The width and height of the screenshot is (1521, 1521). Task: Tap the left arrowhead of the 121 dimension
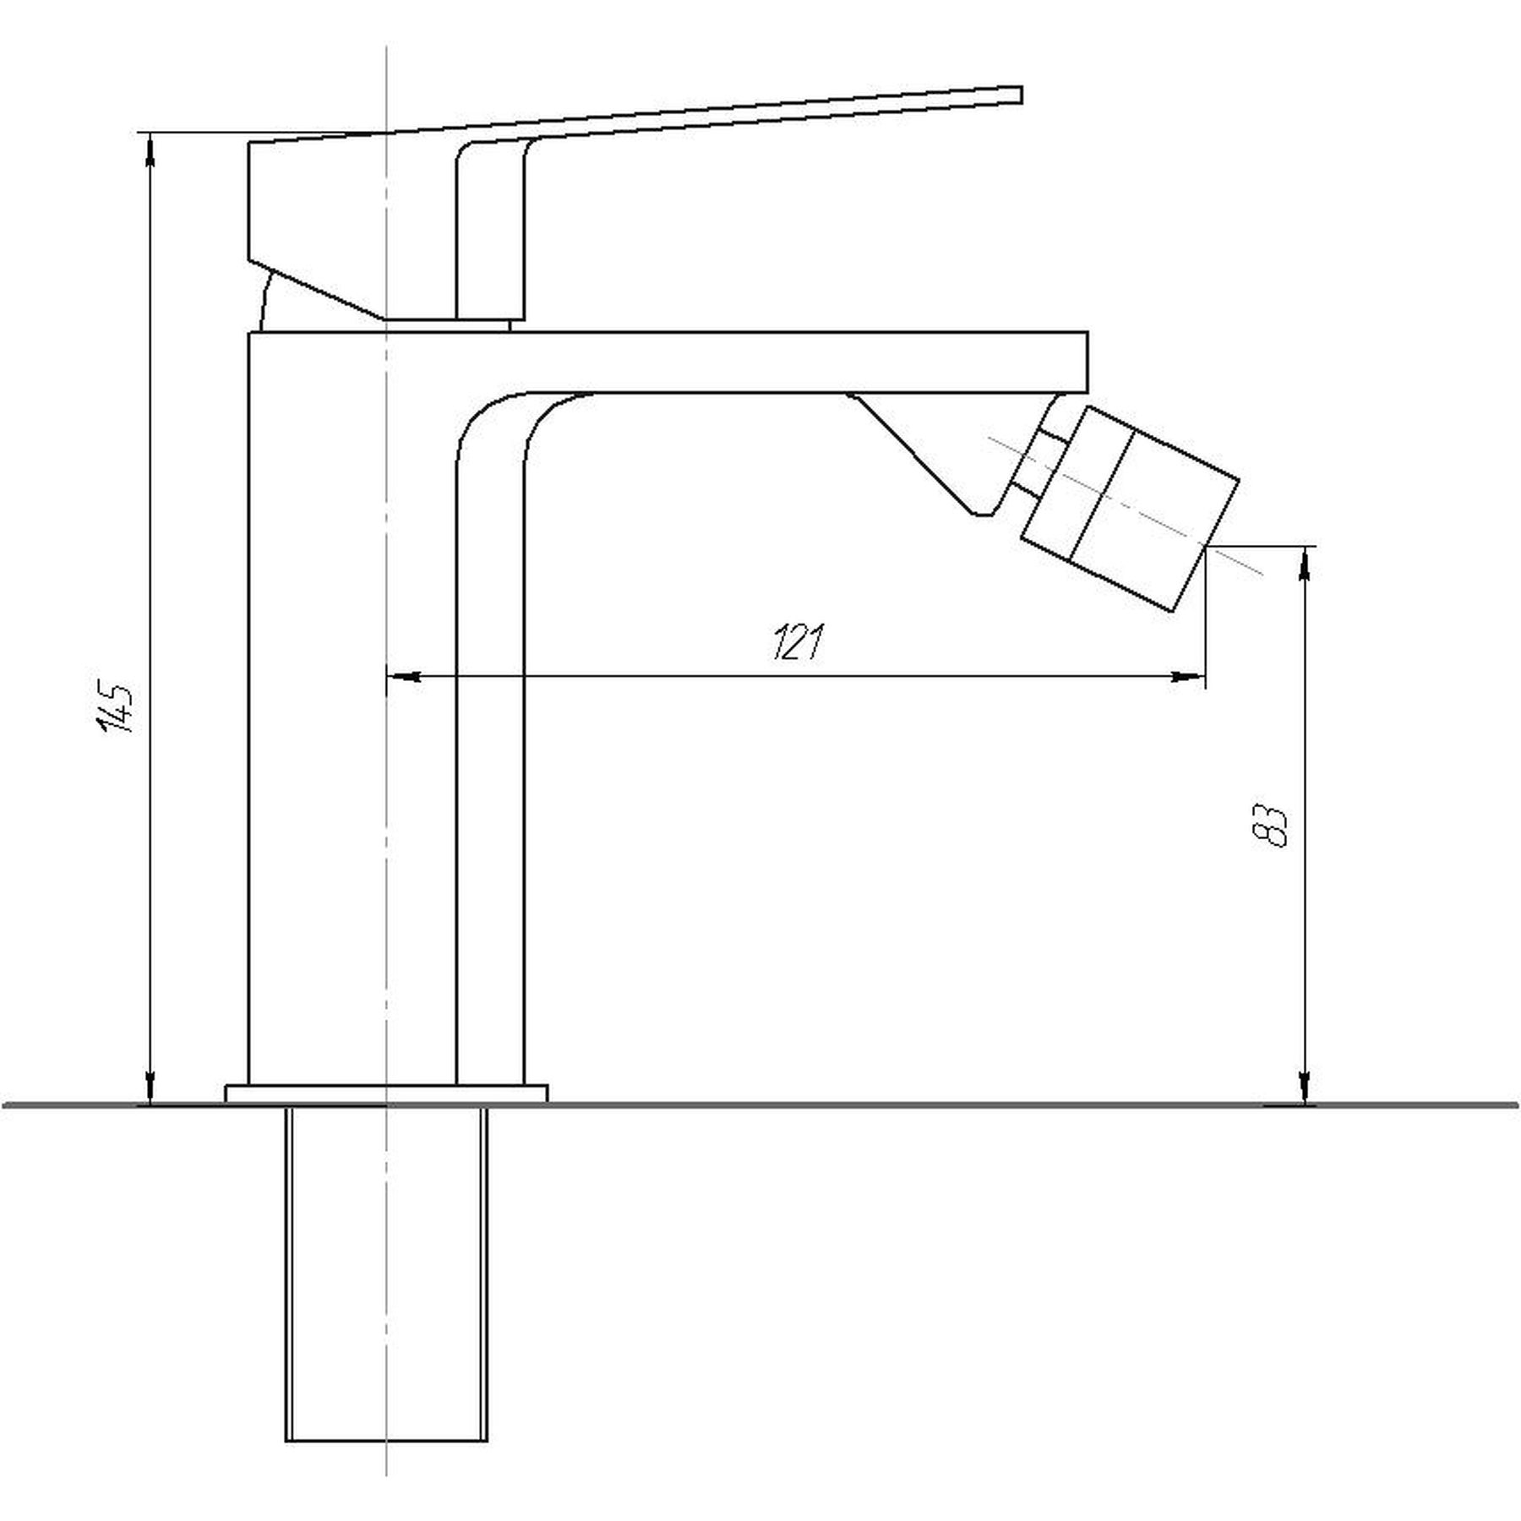pyautogui.click(x=403, y=676)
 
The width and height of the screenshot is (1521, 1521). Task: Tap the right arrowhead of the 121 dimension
pyautogui.click(x=1187, y=676)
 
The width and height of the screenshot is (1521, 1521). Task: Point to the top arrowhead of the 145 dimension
pyautogui.click(x=150, y=150)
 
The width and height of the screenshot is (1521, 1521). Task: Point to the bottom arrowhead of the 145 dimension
pyautogui.click(x=150, y=1087)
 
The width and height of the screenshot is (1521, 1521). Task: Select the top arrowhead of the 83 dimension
pyautogui.click(x=1306, y=564)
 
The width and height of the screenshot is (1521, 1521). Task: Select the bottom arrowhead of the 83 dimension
pyautogui.click(x=1306, y=1087)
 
